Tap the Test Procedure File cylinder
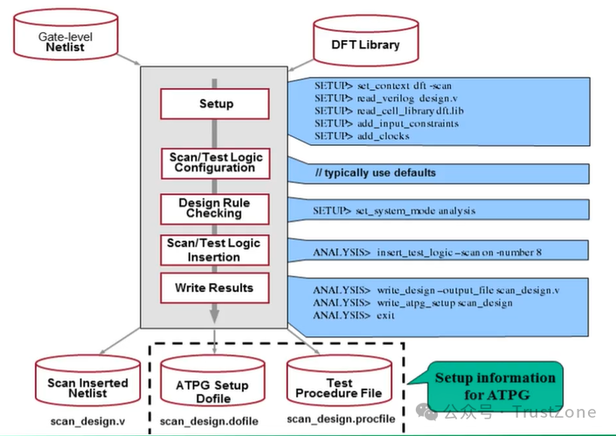(340, 388)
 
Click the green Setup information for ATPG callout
(495, 385)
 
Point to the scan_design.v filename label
(87, 421)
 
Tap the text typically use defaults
(376, 173)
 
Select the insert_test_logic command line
(427, 253)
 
